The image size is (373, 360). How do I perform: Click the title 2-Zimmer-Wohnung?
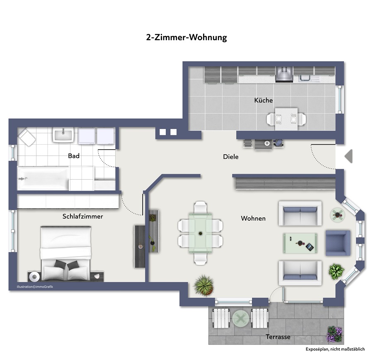coord(186,37)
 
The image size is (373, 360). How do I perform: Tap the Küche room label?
coord(263,100)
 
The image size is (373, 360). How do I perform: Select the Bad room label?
coord(74,156)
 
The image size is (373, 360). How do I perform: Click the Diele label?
coord(231,157)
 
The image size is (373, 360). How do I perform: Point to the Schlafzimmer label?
coord(82,216)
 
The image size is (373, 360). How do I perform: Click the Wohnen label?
coord(253,218)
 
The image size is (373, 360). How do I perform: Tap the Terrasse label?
coord(278,337)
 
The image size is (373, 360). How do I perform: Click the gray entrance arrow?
coord(349,156)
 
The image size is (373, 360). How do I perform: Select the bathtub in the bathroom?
coord(43,178)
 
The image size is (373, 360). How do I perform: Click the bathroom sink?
coord(63,134)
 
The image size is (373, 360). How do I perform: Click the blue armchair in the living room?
coord(338,242)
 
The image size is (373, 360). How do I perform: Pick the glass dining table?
coord(201,233)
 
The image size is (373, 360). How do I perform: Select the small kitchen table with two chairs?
coord(286,118)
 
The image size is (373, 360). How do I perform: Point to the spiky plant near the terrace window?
coord(204,285)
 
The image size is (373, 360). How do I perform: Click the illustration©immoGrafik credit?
coord(35,287)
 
